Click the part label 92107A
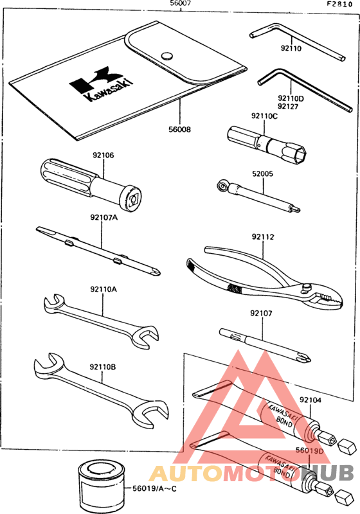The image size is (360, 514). click(104, 217)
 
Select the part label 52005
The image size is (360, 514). click(262, 173)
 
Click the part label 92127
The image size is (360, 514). click(289, 107)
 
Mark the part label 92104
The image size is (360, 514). click(310, 400)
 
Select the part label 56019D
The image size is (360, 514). click(309, 451)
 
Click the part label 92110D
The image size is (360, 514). click(291, 98)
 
